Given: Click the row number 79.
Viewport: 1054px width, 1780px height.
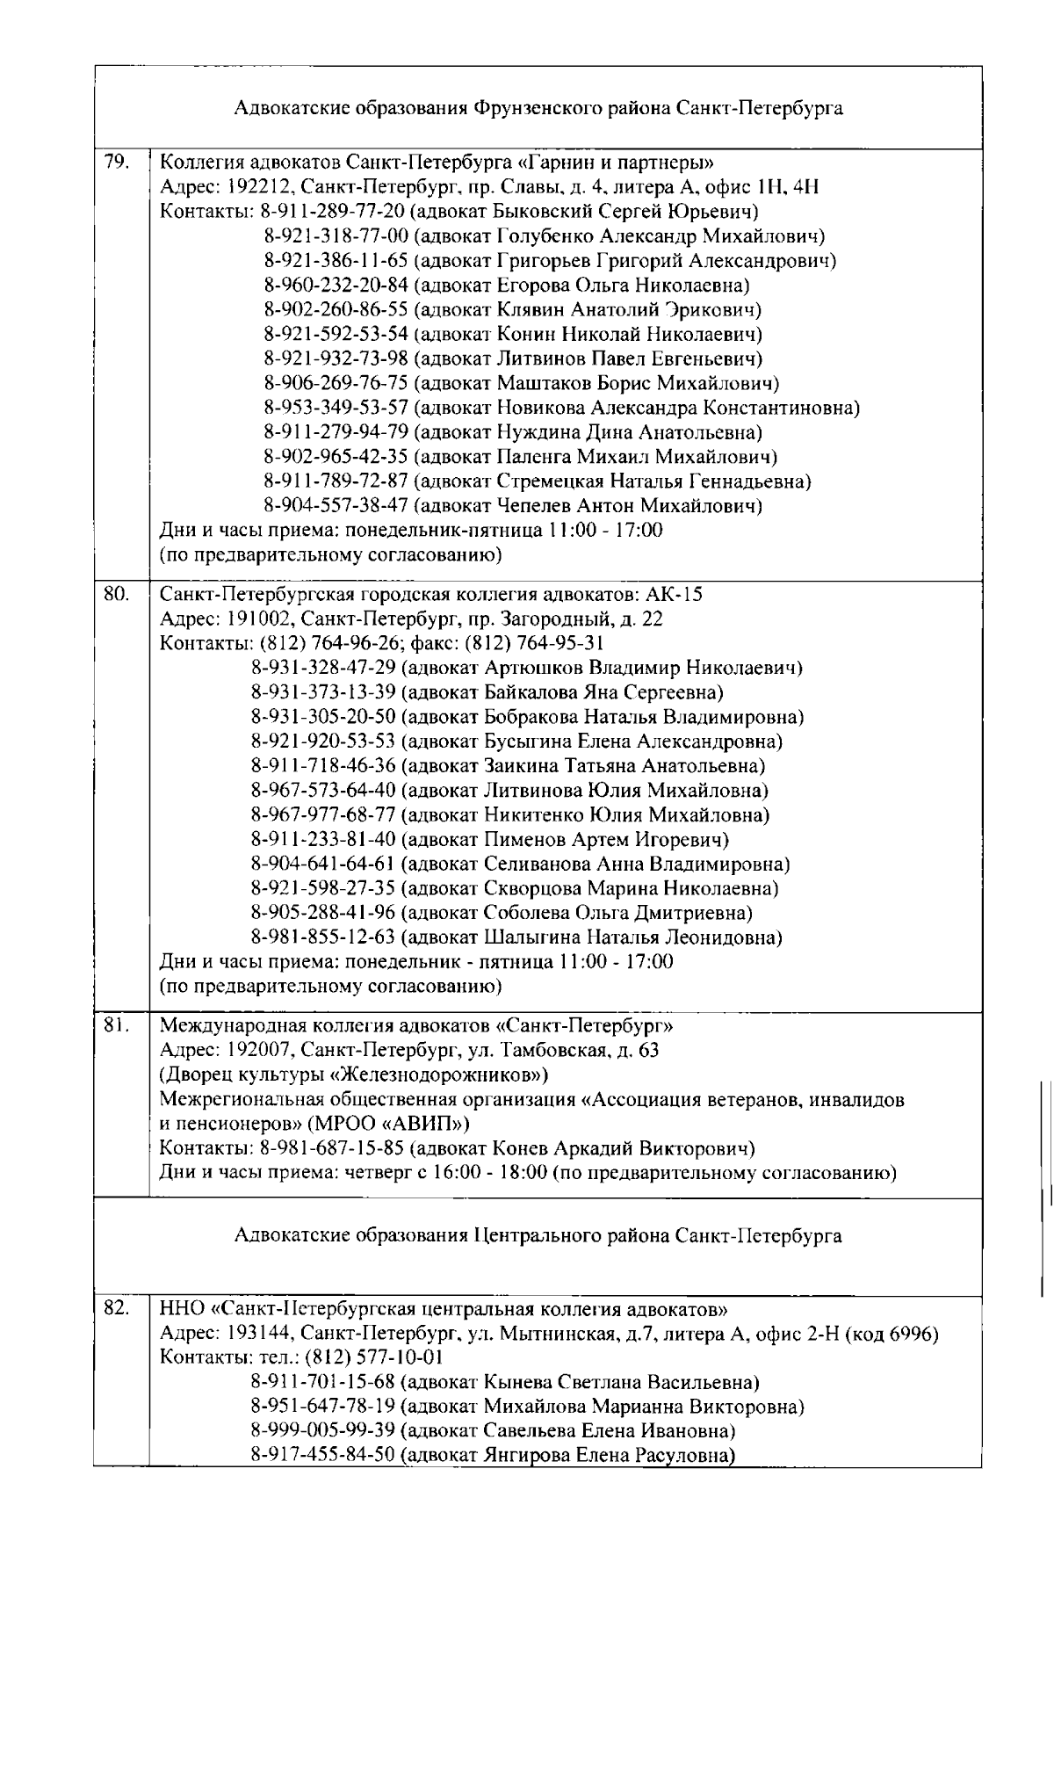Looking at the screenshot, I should pyautogui.click(x=115, y=162).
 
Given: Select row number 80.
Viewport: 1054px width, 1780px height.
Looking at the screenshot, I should pyautogui.click(x=116, y=594).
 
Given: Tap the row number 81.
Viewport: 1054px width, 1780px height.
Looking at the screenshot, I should pyautogui.click(x=116, y=1025).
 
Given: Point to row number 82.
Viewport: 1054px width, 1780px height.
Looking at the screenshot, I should pyautogui.click(x=116, y=1307).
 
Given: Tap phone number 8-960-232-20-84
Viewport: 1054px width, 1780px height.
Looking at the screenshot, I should pyautogui.click(x=336, y=285).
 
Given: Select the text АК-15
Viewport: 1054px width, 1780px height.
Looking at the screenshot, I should pyautogui.click(x=680, y=594).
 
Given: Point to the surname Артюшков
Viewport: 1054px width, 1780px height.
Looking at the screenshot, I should pyautogui.click(x=530, y=668).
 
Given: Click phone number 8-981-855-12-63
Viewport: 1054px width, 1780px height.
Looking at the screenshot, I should pyautogui.click(x=323, y=937).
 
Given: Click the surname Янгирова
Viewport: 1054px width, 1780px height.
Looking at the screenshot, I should pyautogui.click(x=527, y=1455).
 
